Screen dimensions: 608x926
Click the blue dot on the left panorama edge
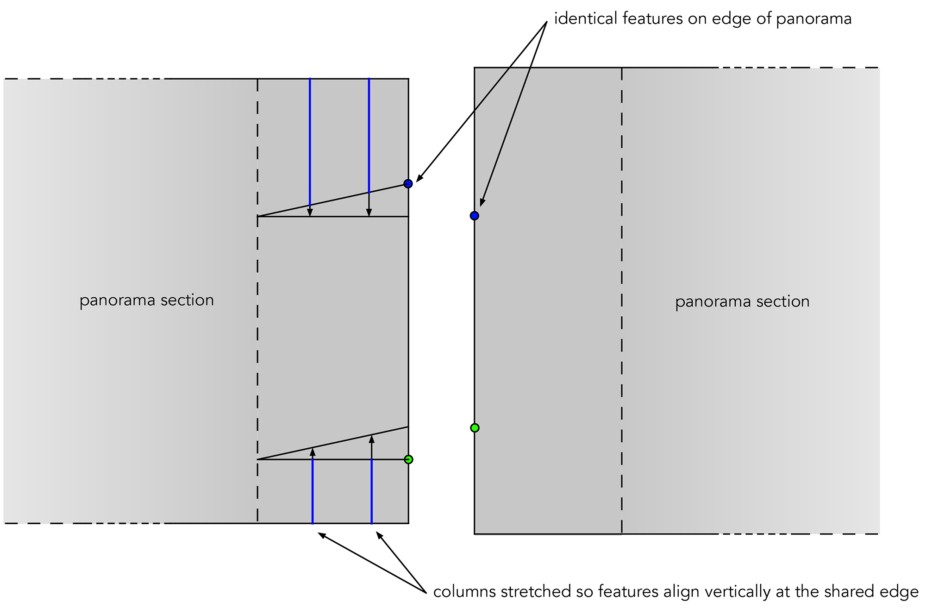pyautogui.click(x=408, y=184)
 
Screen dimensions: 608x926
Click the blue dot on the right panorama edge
pyautogui.click(x=475, y=216)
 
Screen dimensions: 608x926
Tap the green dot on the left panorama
pyautogui.click(x=408, y=459)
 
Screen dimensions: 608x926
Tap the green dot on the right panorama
pyautogui.click(x=475, y=428)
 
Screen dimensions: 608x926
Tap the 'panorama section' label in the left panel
pyautogui.click(x=147, y=300)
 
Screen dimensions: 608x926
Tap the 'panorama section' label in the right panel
pyautogui.click(x=742, y=301)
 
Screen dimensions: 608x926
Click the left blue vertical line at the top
pyautogui.click(x=310, y=139)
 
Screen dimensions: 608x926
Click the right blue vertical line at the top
pyautogui.click(x=369, y=134)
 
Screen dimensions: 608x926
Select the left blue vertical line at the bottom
pyautogui.click(x=313, y=491)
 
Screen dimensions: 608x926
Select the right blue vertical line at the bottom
pyautogui.click(x=372, y=491)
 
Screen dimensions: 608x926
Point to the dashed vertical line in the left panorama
pyautogui.click(x=257, y=324)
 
